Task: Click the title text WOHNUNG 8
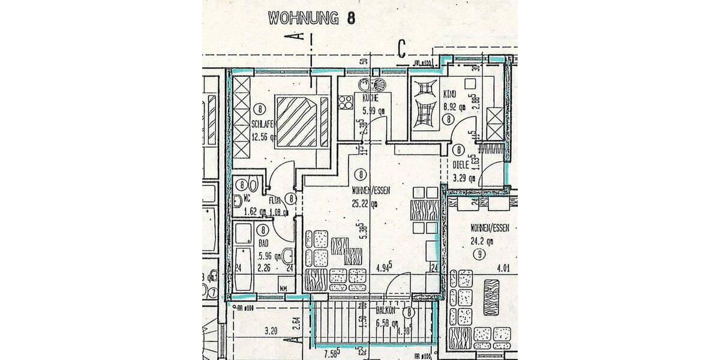[x=311, y=17]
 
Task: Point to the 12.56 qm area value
[x=264, y=136]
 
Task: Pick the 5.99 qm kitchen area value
[x=372, y=110]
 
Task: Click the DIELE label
[x=460, y=163]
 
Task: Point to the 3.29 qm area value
[x=463, y=178]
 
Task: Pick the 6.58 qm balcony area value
[x=387, y=324]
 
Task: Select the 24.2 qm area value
[x=481, y=242]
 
